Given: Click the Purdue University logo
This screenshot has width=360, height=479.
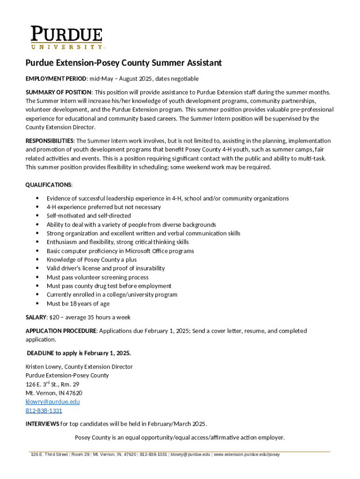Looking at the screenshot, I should click(x=66, y=37).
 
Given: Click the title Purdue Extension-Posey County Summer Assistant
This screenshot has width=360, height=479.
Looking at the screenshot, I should click(x=123, y=63).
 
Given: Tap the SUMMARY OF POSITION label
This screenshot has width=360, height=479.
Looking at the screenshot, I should click(x=58, y=92).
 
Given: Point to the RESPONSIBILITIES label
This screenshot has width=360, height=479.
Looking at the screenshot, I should click(x=49, y=141).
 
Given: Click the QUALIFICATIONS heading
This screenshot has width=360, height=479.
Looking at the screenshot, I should click(x=49, y=185).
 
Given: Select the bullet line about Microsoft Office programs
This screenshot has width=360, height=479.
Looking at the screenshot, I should click(x=120, y=251).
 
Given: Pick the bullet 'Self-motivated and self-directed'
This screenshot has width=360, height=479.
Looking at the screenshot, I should click(x=88, y=216).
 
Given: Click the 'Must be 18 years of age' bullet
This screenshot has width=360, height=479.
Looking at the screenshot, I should click(x=78, y=304).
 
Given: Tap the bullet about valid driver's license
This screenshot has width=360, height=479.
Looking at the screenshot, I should click(x=105, y=269).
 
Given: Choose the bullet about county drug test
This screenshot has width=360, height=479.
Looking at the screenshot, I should click(x=108, y=286).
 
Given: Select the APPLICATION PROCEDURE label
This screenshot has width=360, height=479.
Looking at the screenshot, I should click(x=61, y=331).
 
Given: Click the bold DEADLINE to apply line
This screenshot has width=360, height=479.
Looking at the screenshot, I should click(x=78, y=353).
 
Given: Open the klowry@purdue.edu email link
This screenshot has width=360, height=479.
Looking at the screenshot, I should click(x=52, y=402).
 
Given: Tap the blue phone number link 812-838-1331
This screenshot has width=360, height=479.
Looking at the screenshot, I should click(x=43, y=411).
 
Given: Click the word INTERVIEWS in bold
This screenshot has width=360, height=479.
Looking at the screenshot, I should click(x=42, y=424).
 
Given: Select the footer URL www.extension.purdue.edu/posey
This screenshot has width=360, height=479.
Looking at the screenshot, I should click(x=246, y=455).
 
